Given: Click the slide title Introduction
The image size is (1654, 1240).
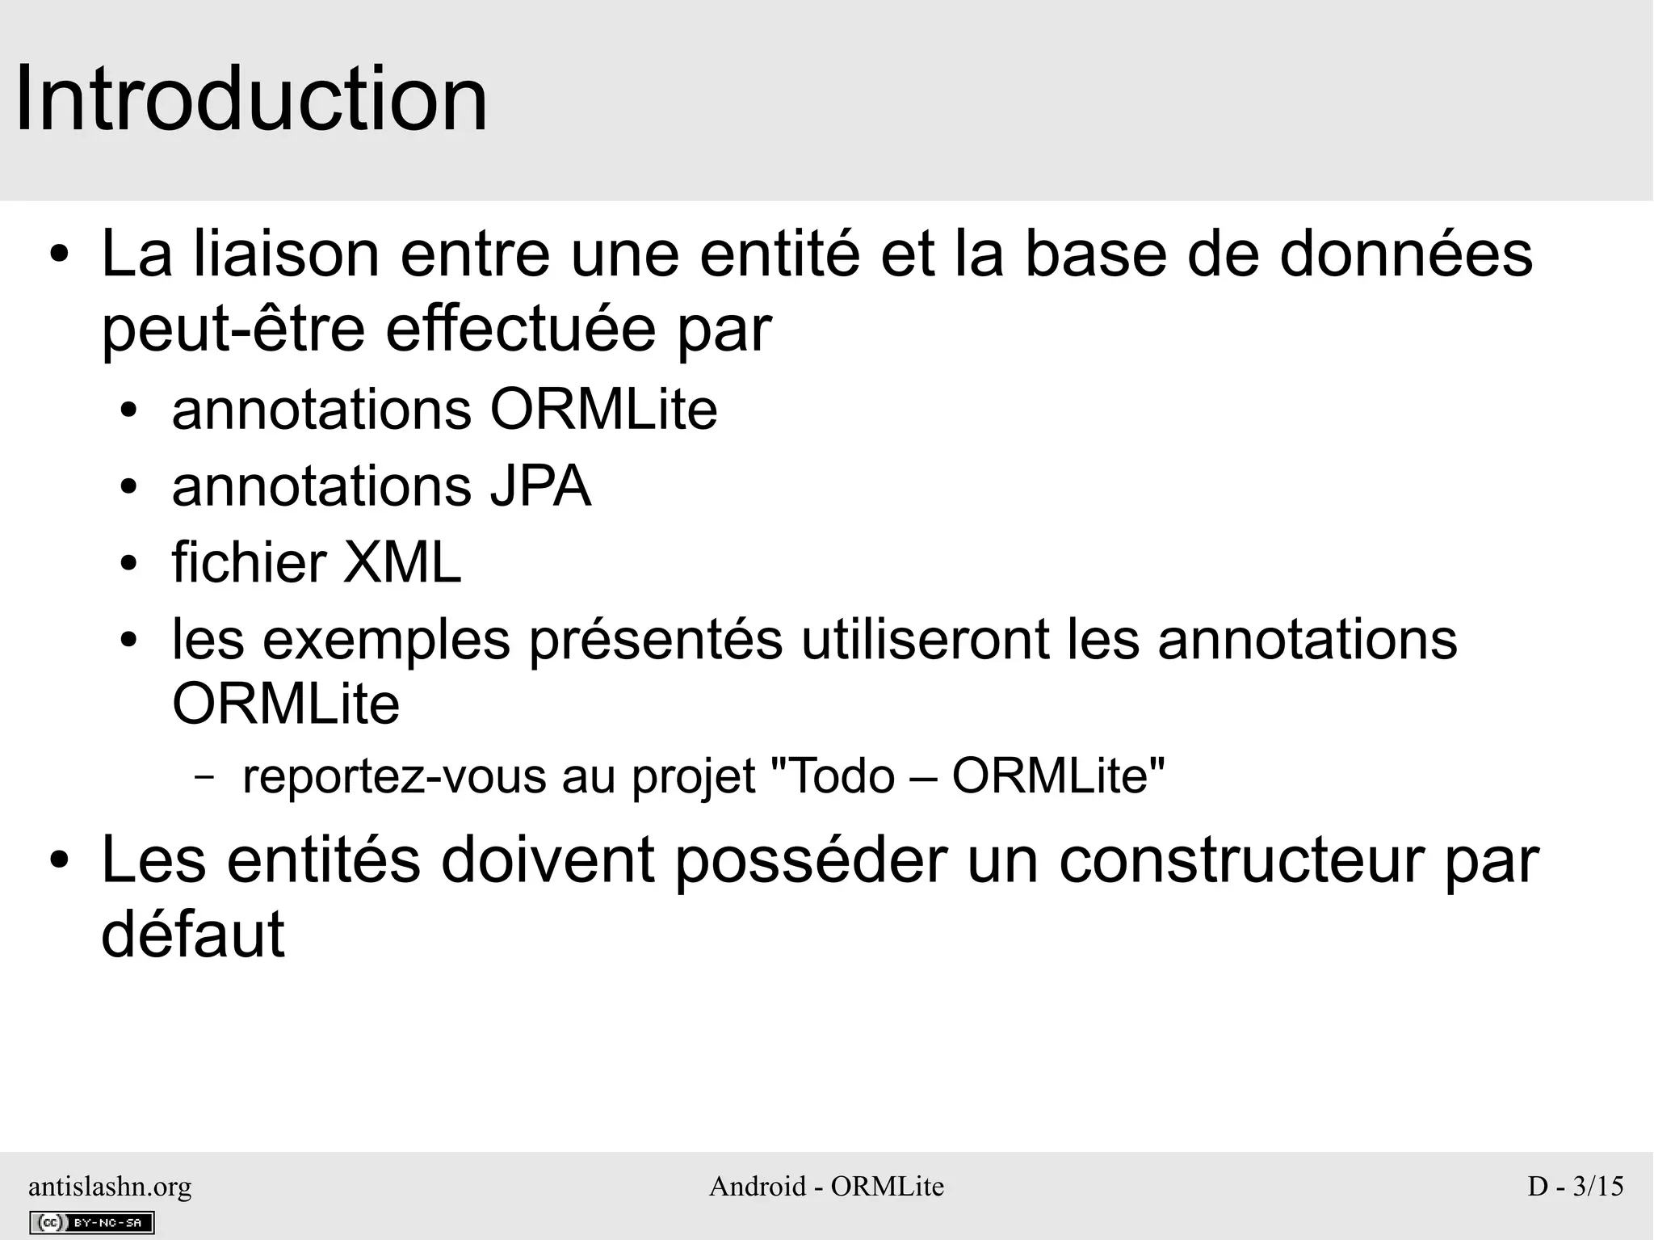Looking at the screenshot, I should pos(251,99).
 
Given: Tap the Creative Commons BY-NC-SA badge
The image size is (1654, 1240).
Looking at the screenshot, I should pos(91,1223).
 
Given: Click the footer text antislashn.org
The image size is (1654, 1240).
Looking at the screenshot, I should pos(110,1186).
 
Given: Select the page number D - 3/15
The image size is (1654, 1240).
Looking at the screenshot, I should pos(1575,1186).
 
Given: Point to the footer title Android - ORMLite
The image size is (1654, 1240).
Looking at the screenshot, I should pos(826,1186).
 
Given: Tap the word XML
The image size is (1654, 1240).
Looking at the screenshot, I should pos(402,562).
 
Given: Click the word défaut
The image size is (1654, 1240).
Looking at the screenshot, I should pos(193,934).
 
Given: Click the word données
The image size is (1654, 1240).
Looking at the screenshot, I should pos(1406,254).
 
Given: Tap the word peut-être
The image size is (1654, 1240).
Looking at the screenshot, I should pos(233,331).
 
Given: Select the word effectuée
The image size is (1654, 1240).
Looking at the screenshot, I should pos(521,330).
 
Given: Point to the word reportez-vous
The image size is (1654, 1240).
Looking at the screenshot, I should pos(394,776).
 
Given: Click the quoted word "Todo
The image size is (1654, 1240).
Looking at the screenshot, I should pos(833,776).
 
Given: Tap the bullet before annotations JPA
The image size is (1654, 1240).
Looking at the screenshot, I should pos(128,488).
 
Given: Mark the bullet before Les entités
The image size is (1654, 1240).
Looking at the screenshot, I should pos(59,862).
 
